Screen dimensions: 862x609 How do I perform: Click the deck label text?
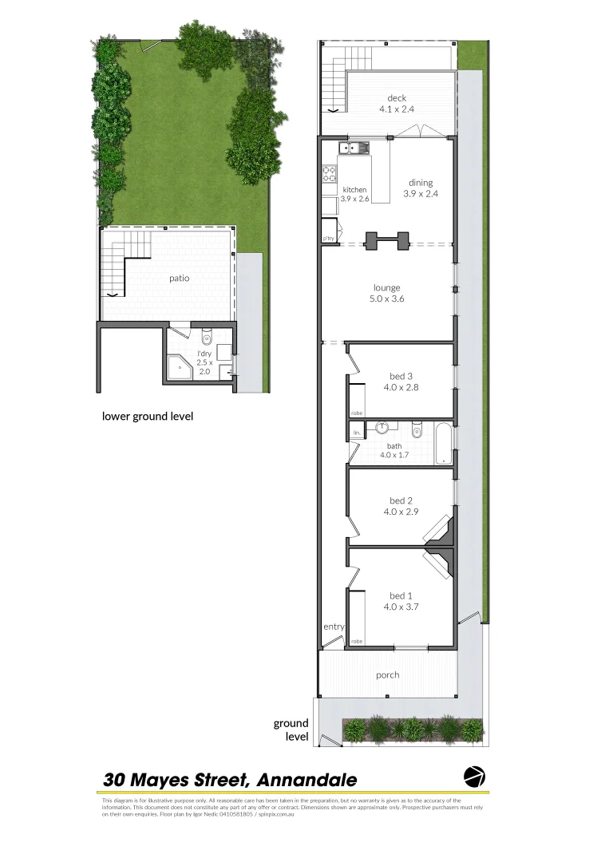click(386, 99)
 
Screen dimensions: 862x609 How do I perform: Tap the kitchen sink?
click(352, 147)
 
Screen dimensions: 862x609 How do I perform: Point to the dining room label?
click(421, 182)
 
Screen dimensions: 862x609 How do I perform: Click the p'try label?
click(328, 238)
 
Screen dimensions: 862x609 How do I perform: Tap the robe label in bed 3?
click(356, 413)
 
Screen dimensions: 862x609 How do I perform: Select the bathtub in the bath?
click(442, 444)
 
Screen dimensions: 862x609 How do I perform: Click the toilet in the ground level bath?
click(417, 432)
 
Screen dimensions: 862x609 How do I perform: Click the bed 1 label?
click(401, 595)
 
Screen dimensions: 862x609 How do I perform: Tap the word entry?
click(334, 627)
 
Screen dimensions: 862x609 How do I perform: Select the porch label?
click(387, 674)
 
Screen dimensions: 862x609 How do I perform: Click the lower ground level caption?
click(147, 416)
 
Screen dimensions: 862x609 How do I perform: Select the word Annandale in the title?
click(308, 779)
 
